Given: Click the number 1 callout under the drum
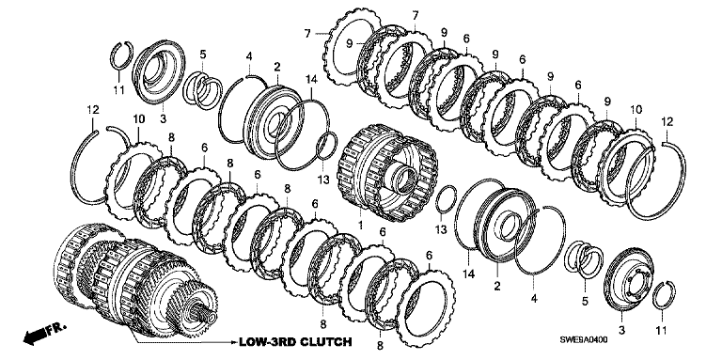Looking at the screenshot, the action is point(361,225).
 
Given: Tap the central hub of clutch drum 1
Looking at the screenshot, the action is point(401,179).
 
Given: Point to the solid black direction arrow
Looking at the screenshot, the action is point(36,336).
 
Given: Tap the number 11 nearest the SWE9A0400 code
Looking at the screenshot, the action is point(661,330).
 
